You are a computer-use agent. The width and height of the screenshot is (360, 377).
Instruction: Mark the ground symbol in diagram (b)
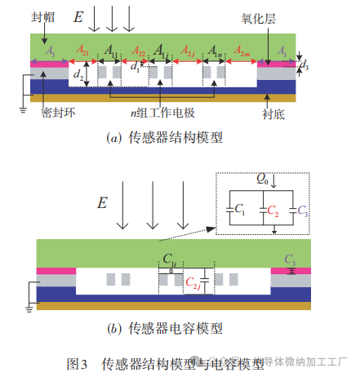tap(29, 308)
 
